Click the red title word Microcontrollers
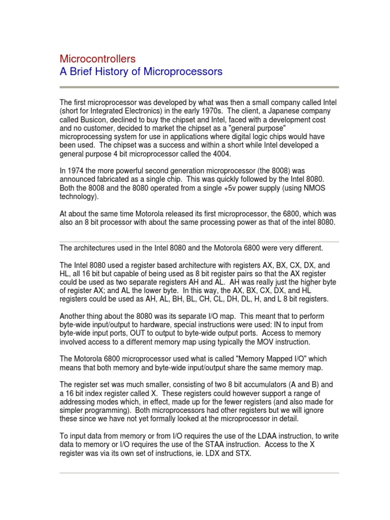97,59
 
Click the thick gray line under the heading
199,87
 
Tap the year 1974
76,171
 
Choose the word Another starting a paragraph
75,316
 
